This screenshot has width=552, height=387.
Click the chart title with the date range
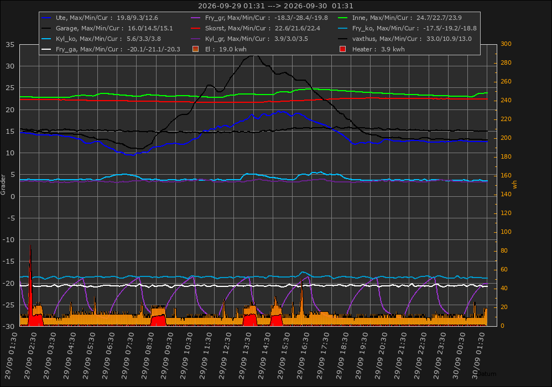[275, 6]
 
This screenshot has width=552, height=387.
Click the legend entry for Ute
[100, 18]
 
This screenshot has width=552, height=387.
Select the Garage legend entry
[107, 28]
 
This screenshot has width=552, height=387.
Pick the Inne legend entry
[399, 18]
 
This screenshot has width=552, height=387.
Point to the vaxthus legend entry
[404, 39]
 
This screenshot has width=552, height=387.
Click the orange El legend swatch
[196, 49]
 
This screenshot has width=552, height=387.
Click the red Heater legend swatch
[342, 49]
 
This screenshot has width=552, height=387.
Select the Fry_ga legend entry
[111, 49]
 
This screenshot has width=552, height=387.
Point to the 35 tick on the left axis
[10, 45]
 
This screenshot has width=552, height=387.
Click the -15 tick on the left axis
[9, 262]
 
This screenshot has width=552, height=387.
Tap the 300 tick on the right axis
[506, 44]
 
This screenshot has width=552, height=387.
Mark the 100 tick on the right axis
[506, 232]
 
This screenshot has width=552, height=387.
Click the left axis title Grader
[3, 185]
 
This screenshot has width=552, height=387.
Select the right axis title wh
[515, 185]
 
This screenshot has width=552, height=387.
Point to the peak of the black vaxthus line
[254, 55]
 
